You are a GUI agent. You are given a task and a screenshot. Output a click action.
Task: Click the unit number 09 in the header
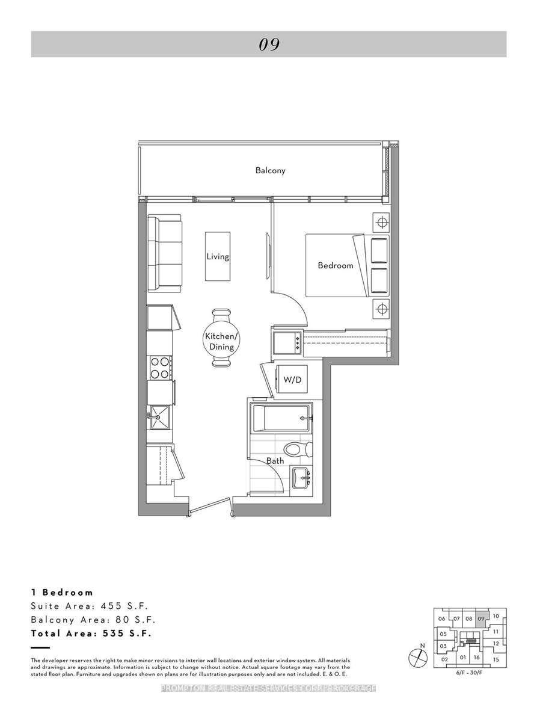pyautogui.click(x=269, y=45)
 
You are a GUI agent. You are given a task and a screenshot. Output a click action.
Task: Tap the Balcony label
pyautogui.click(x=270, y=170)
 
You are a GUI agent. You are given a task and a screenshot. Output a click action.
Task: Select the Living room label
pyautogui.click(x=218, y=256)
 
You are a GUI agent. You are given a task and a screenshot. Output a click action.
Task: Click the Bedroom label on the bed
pyautogui.click(x=335, y=265)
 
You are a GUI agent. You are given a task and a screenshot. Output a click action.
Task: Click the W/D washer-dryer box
pyautogui.click(x=292, y=380)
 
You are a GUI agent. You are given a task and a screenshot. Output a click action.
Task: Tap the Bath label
pyautogui.click(x=275, y=461)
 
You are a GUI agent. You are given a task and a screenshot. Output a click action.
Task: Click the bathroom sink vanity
pyautogui.click(x=301, y=479)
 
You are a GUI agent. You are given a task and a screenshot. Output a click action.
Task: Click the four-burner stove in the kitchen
pyautogui.click(x=159, y=368)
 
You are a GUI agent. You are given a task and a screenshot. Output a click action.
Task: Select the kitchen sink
pyautogui.click(x=159, y=416)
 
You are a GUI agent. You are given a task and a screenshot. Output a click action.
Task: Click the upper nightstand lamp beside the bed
pyautogui.click(x=380, y=223)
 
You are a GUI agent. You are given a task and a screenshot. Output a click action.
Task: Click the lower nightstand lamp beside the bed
pyautogui.click(x=380, y=309)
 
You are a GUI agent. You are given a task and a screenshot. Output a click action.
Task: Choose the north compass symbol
pyautogui.click(x=416, y=658)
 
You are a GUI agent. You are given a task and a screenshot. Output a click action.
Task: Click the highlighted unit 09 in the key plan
pyautogui.click(x=481, y=619)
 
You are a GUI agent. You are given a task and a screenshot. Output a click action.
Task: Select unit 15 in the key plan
pyautogui.click(x=496, y=659)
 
